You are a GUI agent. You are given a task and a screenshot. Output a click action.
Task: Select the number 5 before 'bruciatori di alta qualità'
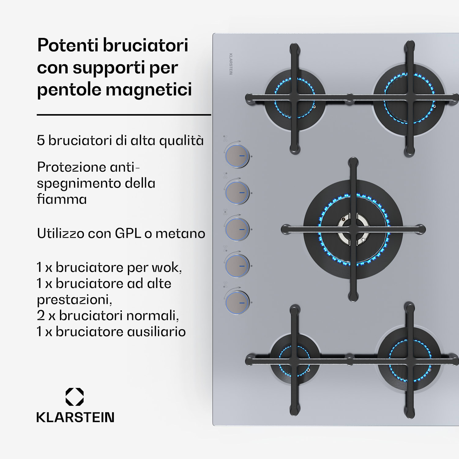click(41, 140)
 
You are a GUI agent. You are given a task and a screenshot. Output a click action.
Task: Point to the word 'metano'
click(180, 234)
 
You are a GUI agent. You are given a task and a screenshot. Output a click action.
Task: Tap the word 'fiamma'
click(62, 199)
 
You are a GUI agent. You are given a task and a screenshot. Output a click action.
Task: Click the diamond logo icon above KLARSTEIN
click(75, 397)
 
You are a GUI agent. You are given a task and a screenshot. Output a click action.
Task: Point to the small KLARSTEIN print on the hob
click(231, 64)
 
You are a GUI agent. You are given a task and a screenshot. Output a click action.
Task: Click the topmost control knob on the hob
click(237, 156)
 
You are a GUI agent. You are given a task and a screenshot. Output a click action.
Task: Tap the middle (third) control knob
click(237, 229)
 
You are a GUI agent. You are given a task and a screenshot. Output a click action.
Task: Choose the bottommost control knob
click(237, 302)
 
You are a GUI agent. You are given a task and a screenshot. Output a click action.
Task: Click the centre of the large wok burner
click(353, 229)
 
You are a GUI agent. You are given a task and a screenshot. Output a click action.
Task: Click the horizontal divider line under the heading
click(124, 115)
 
